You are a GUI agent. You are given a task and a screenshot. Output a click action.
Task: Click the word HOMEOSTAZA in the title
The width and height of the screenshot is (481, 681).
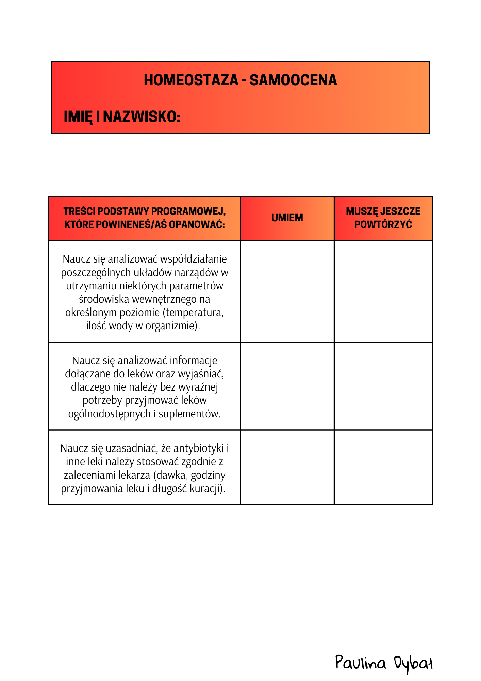(x=191, y=80)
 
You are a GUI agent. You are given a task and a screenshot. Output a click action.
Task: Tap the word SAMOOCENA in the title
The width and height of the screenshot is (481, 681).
(x=293, y=80)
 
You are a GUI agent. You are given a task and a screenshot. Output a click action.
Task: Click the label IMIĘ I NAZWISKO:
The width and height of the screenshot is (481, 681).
(x=122, y=117)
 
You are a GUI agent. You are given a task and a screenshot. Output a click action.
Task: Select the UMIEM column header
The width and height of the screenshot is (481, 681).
(x=287, y=218)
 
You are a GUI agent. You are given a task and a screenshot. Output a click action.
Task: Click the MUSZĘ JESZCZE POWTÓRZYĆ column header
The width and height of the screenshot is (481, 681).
(x=383, y=218)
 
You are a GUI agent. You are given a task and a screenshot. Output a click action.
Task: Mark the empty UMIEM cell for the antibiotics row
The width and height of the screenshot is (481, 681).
(x=287, y=467)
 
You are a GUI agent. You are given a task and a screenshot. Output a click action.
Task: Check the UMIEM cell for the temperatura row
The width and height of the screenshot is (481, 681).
(x=287, y=291)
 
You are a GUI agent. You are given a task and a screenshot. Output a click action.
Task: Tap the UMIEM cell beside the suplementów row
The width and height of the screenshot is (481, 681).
(x=287, y=386)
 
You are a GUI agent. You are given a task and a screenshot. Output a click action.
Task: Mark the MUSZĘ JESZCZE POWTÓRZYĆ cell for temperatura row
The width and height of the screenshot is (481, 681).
(x=383, y=291)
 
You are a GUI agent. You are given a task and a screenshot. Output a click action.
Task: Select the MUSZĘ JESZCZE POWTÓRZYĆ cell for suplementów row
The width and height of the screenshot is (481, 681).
(x=383, y=386)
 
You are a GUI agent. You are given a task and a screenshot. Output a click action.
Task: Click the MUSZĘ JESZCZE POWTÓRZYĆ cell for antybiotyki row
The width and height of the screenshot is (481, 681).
(x=383, y=467)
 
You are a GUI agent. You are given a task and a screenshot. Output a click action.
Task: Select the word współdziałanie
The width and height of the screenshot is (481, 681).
(x=193, y=259)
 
